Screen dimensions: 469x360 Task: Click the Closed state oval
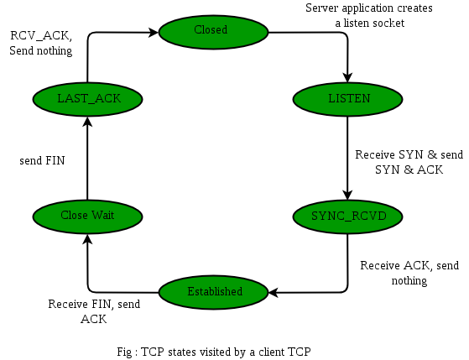click(213, 32)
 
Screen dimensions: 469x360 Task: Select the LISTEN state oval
click(347, 99)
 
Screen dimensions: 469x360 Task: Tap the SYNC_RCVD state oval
click(347, 217)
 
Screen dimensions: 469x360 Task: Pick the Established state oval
click(213, 292)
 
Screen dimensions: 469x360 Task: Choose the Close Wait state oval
click(87, 217)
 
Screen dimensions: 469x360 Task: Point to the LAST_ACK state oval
click(87, 99)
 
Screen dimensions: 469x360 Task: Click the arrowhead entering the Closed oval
click(154, 32)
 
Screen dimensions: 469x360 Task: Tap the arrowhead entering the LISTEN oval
click(347, 77)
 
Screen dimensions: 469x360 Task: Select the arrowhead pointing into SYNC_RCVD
click(347, 195)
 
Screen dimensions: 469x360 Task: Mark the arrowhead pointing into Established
click(274, 292)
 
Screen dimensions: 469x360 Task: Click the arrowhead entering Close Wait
click(87, 239)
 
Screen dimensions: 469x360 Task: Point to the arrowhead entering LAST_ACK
click(87, 121)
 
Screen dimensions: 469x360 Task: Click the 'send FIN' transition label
click(42, 160)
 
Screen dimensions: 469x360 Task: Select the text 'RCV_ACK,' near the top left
click(41, 35)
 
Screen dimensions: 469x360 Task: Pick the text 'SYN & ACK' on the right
click(409, 170)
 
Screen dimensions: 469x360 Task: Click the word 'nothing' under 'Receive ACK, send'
click(409, 281)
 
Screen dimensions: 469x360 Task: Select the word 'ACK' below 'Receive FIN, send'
click(94, 319)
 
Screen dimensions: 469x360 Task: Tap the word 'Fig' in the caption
click(124, 352)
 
